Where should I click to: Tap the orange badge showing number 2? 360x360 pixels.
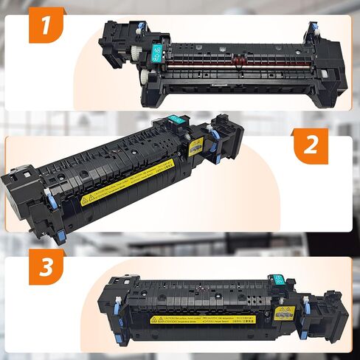coord(311,145)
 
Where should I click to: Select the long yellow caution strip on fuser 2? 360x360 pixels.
coord(127,182)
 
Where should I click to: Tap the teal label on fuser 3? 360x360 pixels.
coord(279,279)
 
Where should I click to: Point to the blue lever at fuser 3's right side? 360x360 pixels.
coord(305,303)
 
